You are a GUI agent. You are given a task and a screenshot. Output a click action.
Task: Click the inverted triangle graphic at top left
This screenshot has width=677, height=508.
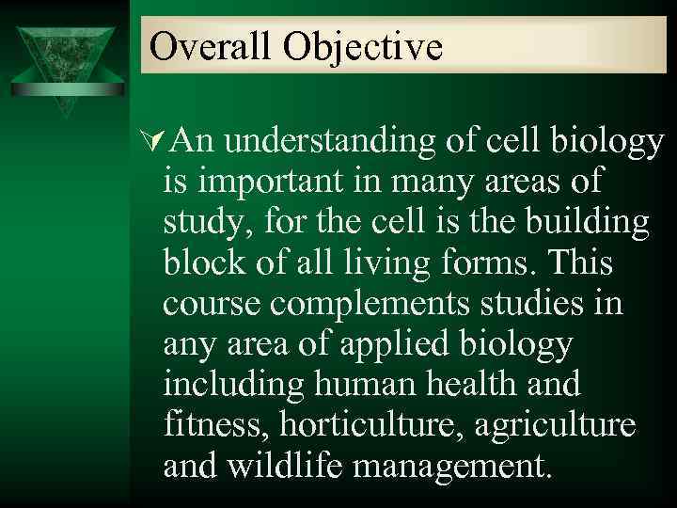point(65,60)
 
